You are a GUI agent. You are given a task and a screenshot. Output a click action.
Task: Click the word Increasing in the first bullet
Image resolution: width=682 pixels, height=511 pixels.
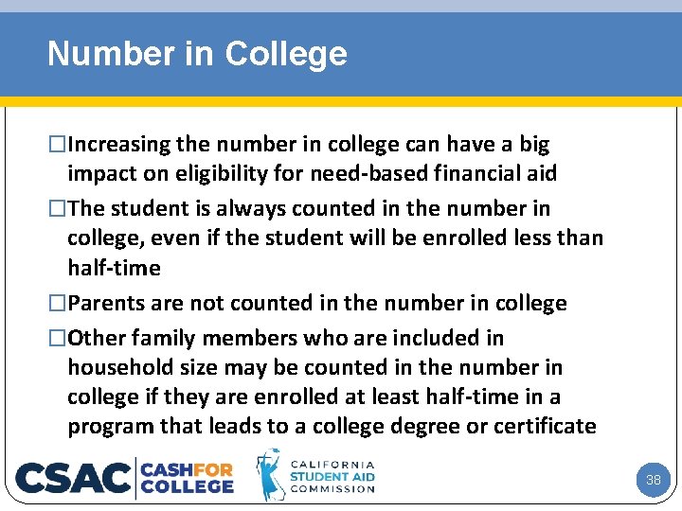[x=118, y=145]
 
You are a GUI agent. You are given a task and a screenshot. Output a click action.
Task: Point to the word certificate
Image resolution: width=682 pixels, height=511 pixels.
[x=542, y=427]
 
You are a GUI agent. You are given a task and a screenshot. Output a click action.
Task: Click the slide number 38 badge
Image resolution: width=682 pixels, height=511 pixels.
[x=653, y=480]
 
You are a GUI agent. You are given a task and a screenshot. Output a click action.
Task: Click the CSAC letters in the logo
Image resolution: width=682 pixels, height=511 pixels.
[x=73, y=477]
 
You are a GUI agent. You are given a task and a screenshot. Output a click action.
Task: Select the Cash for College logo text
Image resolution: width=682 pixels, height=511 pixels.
[x=188, y=477]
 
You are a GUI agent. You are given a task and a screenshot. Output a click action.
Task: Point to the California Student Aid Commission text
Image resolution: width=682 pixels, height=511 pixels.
[x=332, y=477]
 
